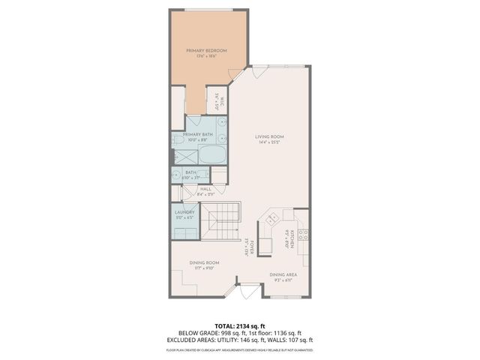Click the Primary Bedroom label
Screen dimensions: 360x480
(206, 50)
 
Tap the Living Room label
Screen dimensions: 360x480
(272, 136)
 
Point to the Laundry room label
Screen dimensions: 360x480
(184, 212)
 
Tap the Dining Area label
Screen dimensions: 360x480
(283, 274)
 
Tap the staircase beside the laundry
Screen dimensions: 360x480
(223, 221)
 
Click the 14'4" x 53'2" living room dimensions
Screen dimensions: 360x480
(272, 142)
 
